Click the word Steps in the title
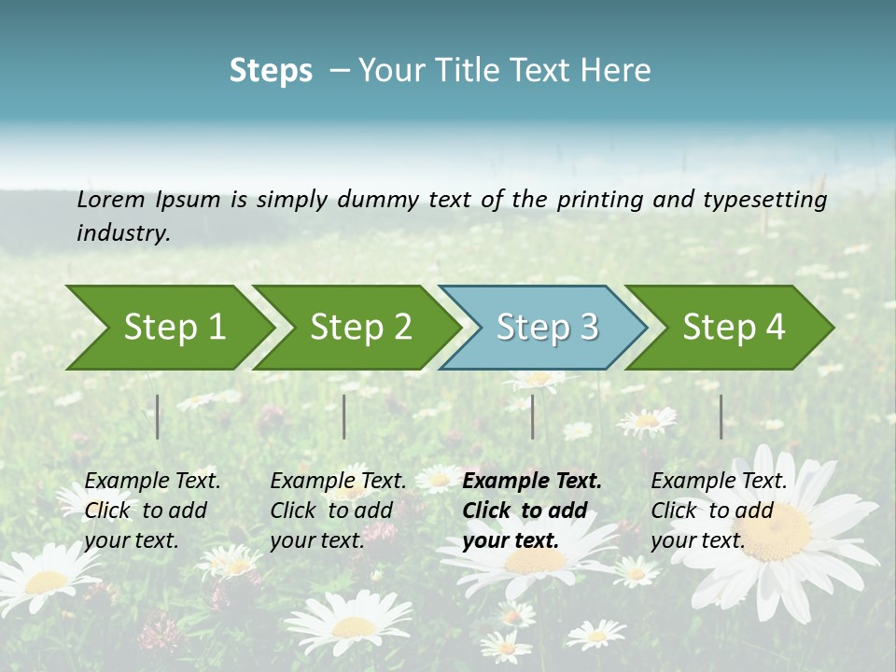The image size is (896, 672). pyautogui.click(x=271, y=71)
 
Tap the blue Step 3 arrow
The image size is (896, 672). pyautogui.click(x=545, y=328)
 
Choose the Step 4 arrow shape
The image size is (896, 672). pyautogui.click(x=732, y=328)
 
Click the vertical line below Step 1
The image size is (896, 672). pyautogui.click(x=158, y=416)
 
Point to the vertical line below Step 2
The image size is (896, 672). pyautogui.click(x=344, y=416)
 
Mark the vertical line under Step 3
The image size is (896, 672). pyautogui.click(x=532, y=416)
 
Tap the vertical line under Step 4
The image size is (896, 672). pyautogui.click(x=721, y=416)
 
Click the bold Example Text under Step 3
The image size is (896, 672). pyautogui.click(x=532, y=482)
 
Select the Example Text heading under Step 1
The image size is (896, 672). pyautogui.click(x=152, y=482)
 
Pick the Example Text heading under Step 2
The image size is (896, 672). pyautogui.click(x=338, y=482)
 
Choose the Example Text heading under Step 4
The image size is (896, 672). pyautogui.click(x=719, y=482)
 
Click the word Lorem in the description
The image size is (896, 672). pyautogui.click(x=111, y=199)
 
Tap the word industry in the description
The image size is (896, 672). pyautogui.click(x=122, y=233)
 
